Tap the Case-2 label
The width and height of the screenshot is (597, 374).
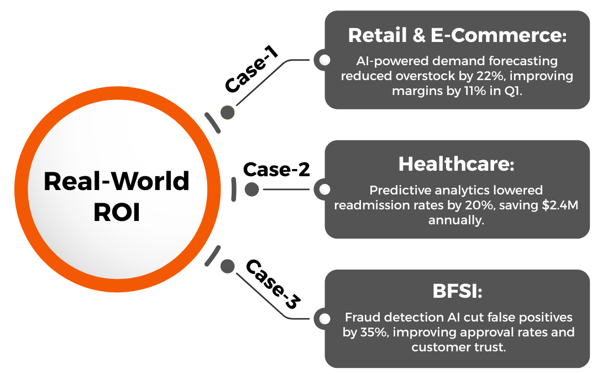point(276,170)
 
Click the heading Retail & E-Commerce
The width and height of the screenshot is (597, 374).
point(457,35)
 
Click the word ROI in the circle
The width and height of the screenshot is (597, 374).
point(117,213)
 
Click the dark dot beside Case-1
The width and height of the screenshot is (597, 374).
point(227,113)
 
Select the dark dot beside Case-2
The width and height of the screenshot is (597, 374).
point(252,189)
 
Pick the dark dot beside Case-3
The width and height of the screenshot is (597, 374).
point(227,266)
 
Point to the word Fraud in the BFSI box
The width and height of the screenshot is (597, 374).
point(362,318)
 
